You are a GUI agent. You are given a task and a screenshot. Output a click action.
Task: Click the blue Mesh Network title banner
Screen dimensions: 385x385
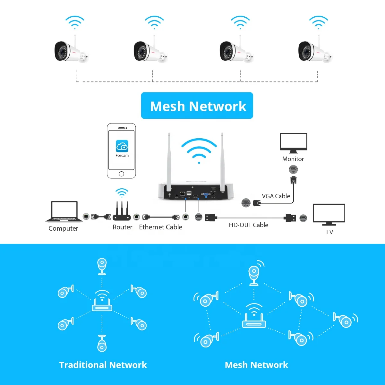197,106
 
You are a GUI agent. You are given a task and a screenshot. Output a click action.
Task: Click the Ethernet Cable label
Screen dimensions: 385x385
160,227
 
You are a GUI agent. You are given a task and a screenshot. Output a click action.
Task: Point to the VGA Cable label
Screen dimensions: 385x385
276,196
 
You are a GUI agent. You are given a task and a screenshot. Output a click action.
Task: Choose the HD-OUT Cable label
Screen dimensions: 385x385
248,225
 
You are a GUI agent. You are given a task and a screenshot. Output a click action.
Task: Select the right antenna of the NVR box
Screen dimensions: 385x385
222,160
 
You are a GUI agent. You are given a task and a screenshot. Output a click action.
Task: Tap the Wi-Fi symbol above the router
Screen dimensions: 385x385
122,193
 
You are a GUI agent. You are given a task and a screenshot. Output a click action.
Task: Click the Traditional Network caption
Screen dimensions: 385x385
103,365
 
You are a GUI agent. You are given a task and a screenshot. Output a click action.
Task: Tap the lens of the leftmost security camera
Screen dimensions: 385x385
60,51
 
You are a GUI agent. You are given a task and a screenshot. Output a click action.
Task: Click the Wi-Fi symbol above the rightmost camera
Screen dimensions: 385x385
319,22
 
